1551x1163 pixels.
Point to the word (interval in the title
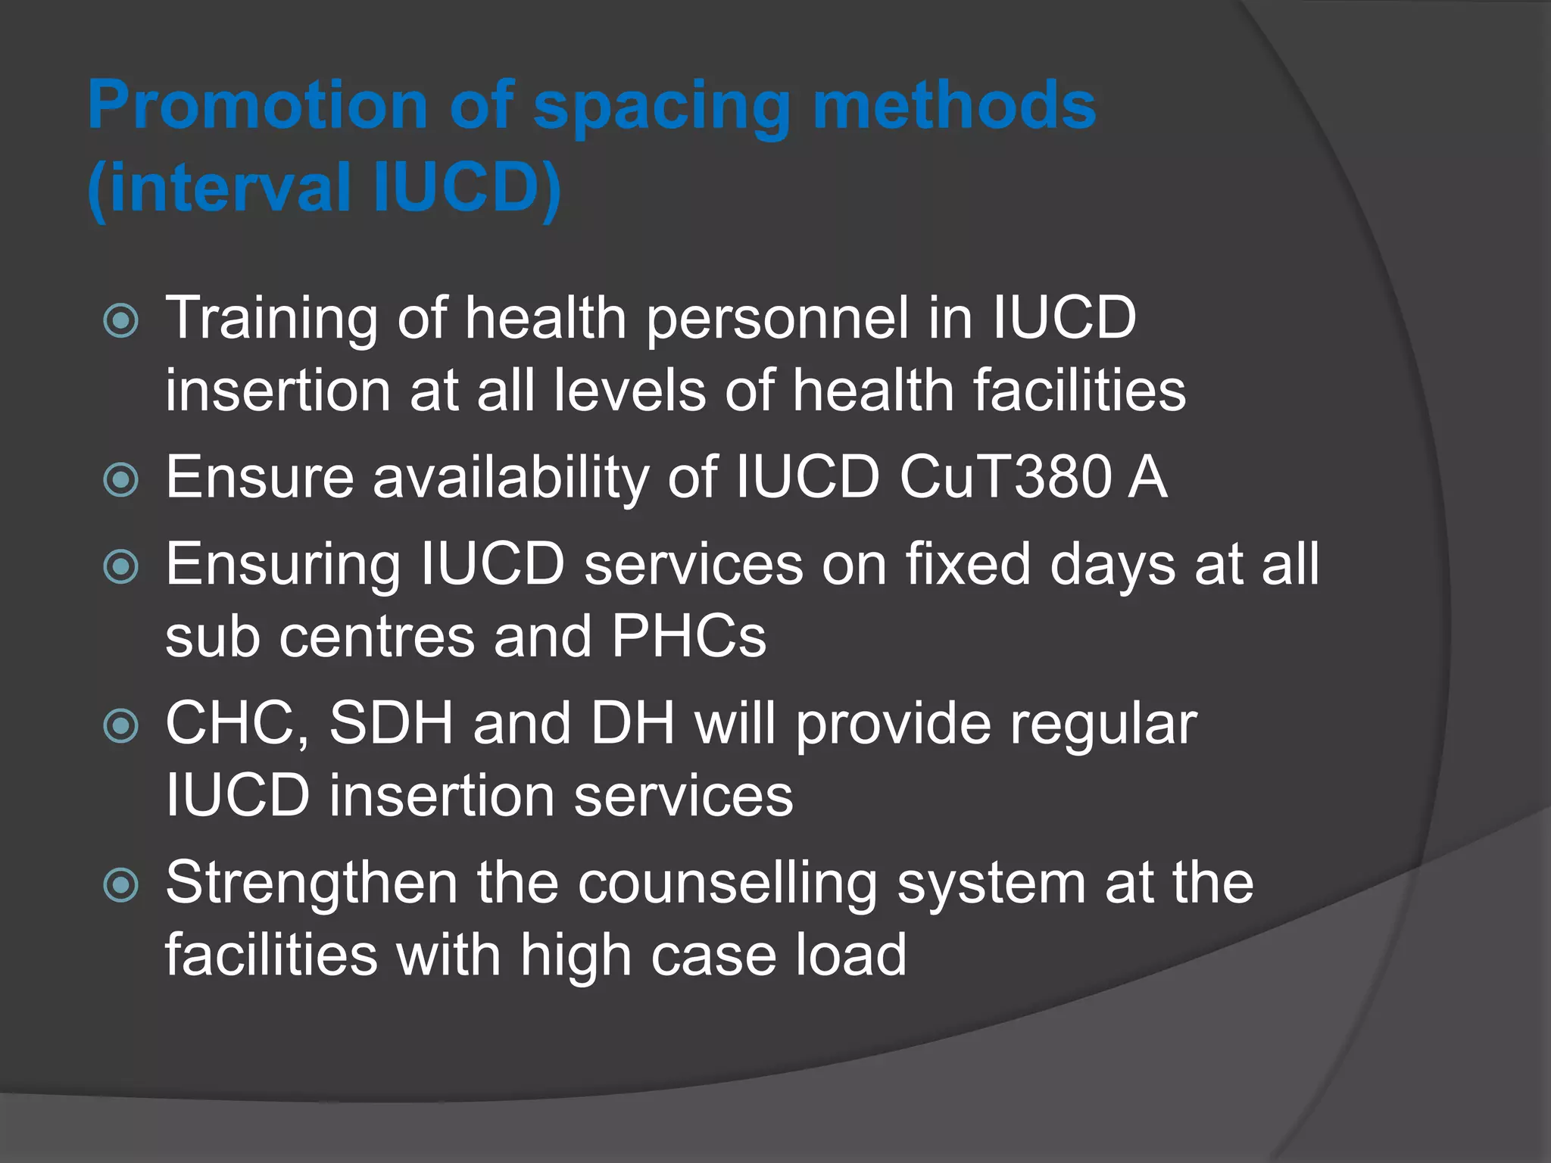click(220, 188)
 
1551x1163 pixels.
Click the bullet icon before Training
click(121, 320)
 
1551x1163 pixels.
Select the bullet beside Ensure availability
click(121, 480)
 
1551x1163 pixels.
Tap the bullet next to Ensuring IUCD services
click(121, 567)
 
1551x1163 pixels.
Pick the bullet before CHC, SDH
click(121, 726)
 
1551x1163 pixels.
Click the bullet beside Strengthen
click(121, 885)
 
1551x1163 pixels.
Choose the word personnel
click(777, 318)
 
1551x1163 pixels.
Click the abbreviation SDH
click(391, 723)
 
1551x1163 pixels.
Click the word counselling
click(727, 884)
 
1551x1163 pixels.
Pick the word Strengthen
click(311, 884)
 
